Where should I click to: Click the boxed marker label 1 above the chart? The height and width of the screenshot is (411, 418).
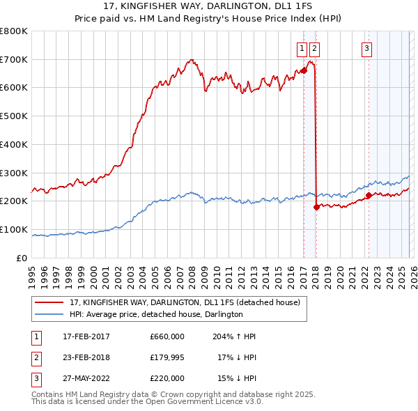coord(302,48)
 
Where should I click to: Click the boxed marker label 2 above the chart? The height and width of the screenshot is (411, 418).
coord(315,48)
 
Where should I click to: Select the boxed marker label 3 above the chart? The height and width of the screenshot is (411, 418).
coord(367,48)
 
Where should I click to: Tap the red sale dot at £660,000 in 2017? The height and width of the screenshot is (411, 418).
coord(304,70)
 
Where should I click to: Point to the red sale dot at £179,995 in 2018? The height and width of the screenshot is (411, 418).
coord(316,207)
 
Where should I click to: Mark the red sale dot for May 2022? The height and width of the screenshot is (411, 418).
coord(369,196)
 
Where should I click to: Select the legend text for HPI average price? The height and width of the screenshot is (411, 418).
coord(156,315)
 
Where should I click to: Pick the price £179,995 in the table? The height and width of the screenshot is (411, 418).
coord(167,357)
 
